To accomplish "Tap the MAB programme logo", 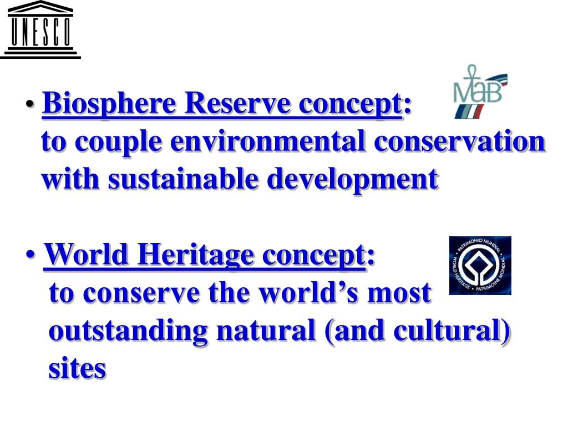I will pos(479,92).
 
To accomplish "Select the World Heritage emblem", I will pos(480,266).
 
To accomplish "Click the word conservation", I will pos(460,141).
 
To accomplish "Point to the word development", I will pos(353,179).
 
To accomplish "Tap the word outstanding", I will pos(128,331).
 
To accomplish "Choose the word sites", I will pos(77,368).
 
